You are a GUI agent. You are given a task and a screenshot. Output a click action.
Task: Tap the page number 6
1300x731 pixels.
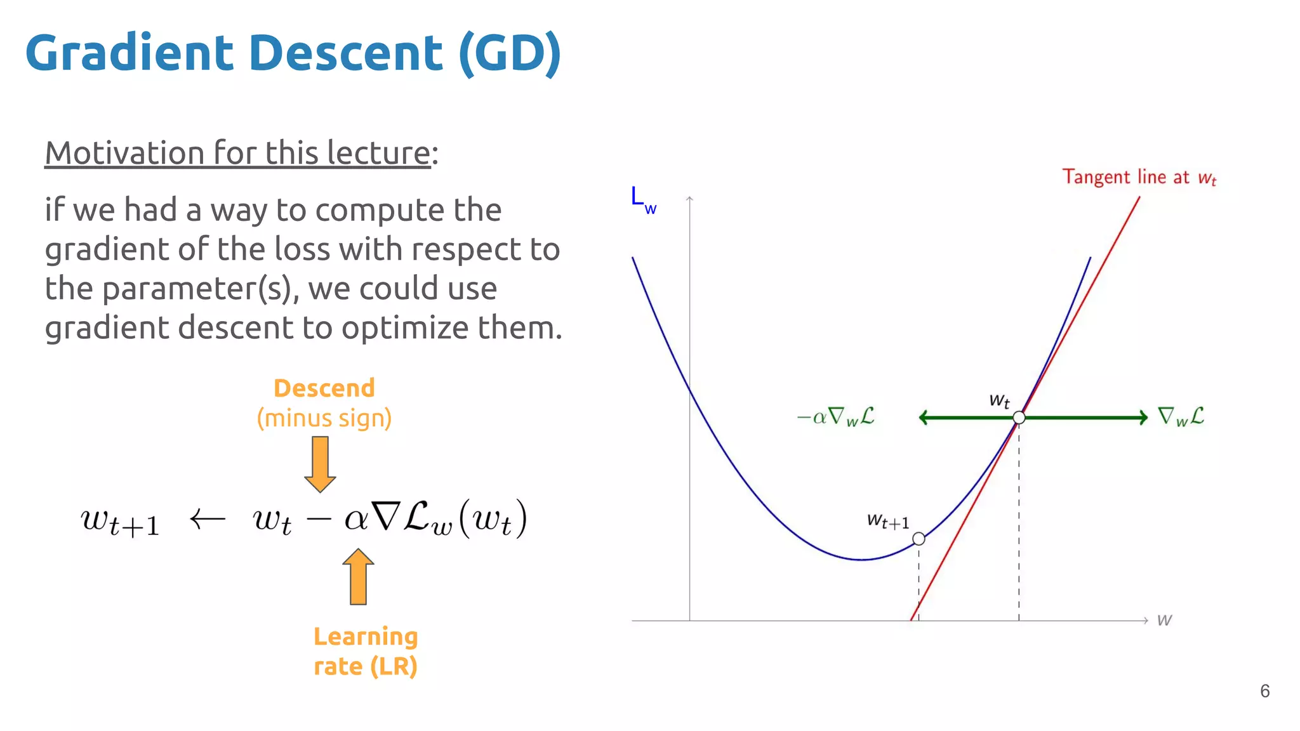click(1264, 691)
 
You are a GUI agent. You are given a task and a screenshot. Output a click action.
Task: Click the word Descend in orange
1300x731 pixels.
click(324, 388)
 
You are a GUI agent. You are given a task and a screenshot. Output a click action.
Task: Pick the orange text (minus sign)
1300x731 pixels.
click(324, 418)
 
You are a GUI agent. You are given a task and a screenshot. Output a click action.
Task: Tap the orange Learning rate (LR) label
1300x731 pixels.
click(366, 651)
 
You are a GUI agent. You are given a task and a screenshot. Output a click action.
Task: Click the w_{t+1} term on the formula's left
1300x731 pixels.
click(120, 522)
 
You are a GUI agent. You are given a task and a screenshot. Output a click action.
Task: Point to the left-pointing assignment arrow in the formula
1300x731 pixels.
click(208, 519)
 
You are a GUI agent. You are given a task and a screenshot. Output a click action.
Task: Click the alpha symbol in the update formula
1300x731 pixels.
click(355, 520)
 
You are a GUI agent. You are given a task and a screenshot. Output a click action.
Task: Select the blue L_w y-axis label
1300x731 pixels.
click(642, 199)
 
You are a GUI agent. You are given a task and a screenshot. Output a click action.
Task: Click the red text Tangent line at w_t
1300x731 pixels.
click(1139, 177)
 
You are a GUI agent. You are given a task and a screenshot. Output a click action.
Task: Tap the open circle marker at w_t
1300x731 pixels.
click(1019, 418)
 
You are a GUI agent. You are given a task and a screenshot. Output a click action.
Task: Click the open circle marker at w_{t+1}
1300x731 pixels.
click(919, 539)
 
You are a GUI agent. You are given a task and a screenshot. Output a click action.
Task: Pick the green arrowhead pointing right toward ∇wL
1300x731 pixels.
click(1143, 418)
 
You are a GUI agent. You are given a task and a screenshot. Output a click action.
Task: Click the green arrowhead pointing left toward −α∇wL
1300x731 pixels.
click(924, 418)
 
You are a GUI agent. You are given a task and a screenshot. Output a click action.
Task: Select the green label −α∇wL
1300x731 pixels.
click(836, 417)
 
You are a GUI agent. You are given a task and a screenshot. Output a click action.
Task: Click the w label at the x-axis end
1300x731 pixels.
click(1164, 620)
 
